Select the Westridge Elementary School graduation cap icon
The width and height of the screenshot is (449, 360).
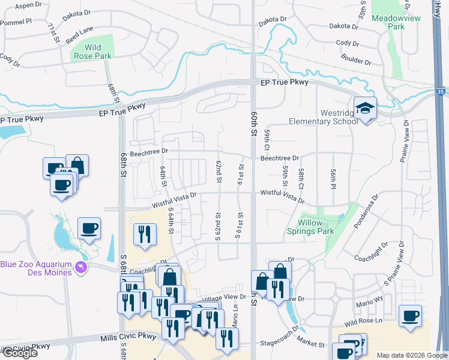pos(364,109)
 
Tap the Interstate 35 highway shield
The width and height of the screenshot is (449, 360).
pos(441,92)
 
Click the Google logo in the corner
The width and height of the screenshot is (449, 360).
pos(19,353)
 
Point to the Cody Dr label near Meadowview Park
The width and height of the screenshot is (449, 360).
pos(348,43)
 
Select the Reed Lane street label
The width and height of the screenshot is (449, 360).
pos(80,34)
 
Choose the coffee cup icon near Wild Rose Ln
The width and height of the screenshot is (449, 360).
pos(410,316)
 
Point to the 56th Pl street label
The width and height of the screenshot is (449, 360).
pos(332,178)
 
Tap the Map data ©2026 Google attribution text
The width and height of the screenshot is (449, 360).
pos(412,355)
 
